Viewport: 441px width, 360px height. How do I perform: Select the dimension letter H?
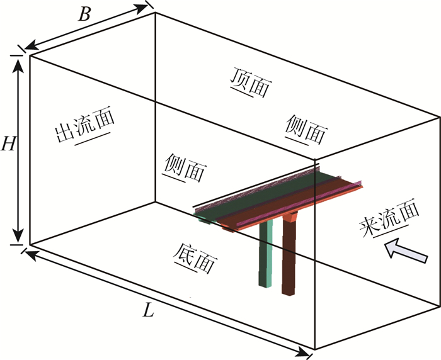pos(8,145)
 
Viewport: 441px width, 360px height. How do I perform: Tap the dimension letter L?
pos(149,310)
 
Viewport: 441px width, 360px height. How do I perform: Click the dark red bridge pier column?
pos(290,258)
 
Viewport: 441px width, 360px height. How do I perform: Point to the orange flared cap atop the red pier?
pos(291,217)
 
